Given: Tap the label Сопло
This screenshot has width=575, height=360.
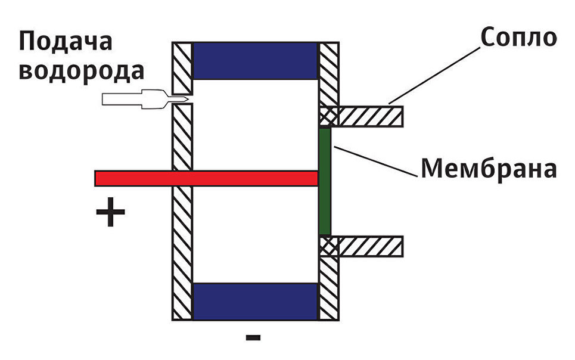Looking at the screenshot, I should tap(518, 38).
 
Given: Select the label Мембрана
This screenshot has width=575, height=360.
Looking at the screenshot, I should tap(489, 169).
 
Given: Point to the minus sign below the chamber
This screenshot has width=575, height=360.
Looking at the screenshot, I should tap(253, 338).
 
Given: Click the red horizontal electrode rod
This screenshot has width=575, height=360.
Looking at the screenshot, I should tap(206, 178).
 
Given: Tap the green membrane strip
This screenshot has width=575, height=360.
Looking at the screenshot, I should tap(324, 182).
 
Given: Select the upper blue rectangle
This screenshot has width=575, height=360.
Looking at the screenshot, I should tap(254, 60).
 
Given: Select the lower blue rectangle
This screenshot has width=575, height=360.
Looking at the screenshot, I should tap(254, 301).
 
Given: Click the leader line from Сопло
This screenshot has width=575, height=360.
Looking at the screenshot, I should tap(435, 75).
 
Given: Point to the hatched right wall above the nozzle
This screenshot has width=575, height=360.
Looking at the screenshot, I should tap(328, 74).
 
